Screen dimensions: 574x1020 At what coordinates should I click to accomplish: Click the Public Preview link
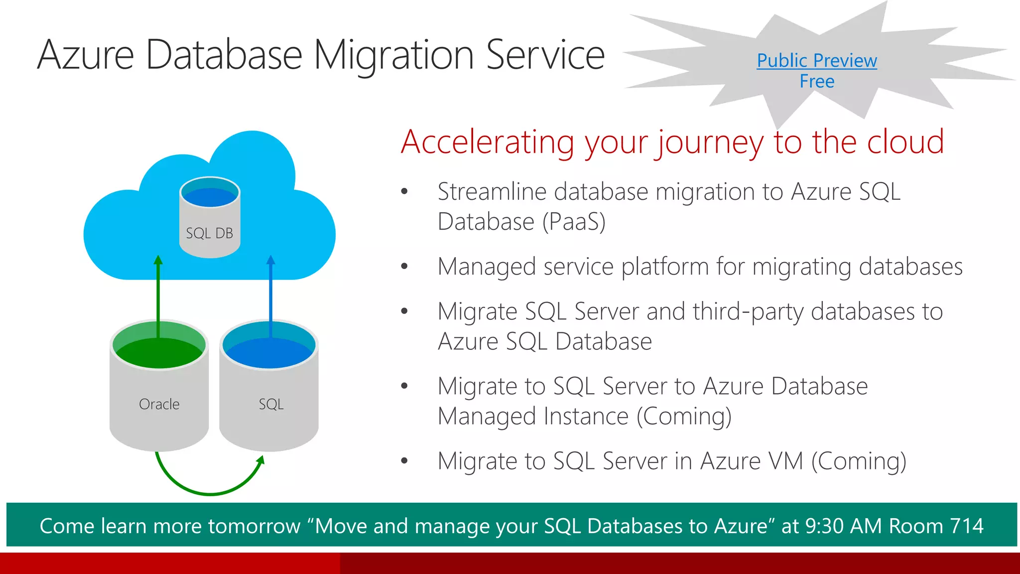point(817,61)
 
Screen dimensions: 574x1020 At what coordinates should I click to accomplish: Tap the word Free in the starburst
point(817,82)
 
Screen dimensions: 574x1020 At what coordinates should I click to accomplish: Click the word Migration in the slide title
point(393,55)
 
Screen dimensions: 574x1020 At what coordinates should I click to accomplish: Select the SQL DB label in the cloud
point(209,233)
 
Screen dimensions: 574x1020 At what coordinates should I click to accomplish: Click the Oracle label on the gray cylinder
point(159,404)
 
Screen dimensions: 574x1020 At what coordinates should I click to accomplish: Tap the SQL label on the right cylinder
point(271,404)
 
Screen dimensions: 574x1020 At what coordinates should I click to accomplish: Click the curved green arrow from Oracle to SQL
point(209,493)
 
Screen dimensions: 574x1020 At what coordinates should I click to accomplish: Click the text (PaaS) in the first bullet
point(574,222)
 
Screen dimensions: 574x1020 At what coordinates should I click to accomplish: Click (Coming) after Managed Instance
point(684,417)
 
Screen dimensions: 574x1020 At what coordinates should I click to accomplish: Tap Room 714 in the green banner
point(936,526)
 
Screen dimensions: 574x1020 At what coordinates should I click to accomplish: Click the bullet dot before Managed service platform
point(404,267)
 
